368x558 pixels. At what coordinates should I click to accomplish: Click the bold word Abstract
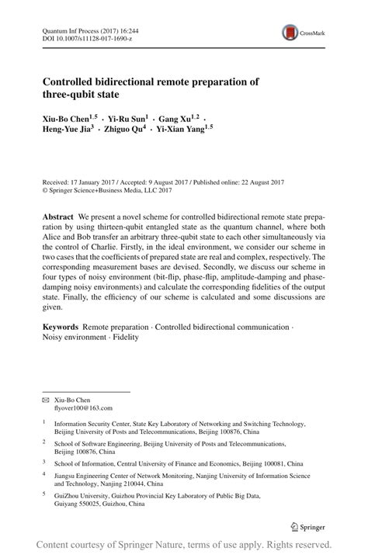tap(58, 213)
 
